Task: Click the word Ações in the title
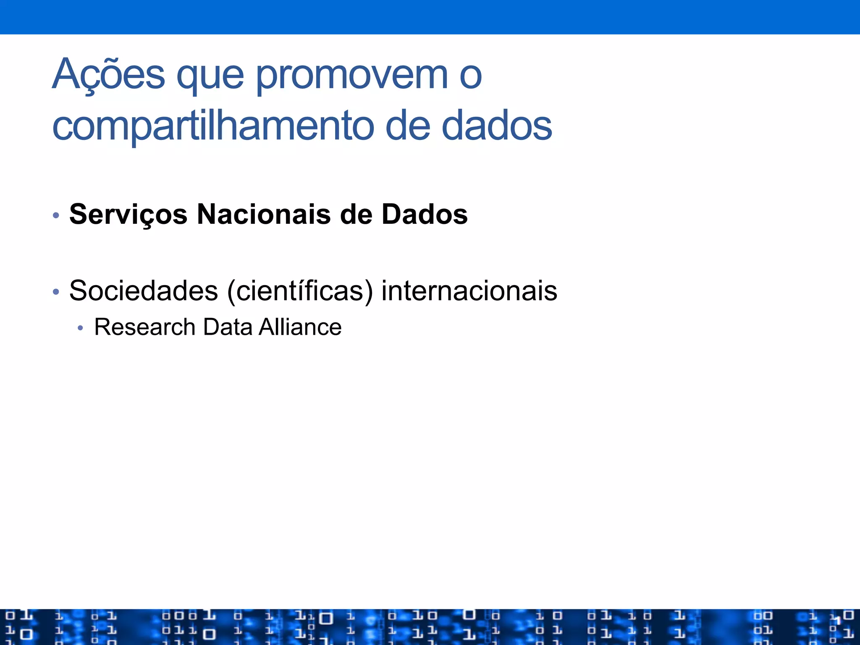(108, 75)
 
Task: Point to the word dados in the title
(497, 126)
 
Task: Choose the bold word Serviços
(128, 215)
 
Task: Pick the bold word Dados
(425, 214)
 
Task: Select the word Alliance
(300, 327)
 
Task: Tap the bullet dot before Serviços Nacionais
(56, 216)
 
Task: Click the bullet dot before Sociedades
(56, 291)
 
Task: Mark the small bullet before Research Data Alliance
(81, 328)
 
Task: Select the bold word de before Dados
(356, 214)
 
